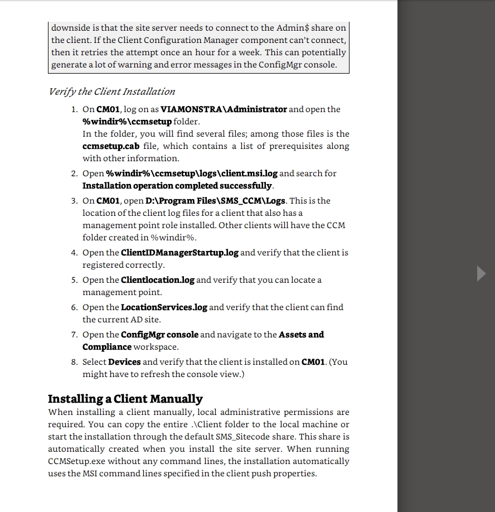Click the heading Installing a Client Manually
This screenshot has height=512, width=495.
click(x=125, y=399)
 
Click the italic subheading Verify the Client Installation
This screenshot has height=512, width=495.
click(x=111, y=91)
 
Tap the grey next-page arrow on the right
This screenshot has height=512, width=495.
click(x=482, y=274)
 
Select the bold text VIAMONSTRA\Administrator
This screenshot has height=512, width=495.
click(x=224, y=109)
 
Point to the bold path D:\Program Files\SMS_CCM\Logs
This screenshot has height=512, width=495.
click(x=215, y=201)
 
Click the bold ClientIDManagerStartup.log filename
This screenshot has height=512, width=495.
click(x=179, y=253)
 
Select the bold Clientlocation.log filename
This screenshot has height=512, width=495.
click(x=158, y=280)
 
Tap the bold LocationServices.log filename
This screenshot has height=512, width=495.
click(x=164, y=307)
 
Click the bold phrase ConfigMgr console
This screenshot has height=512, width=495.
click(x=159, y=335)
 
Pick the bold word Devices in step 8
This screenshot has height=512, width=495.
click(x=124, y=362)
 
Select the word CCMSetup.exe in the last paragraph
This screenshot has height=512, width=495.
click(x=76, y=461)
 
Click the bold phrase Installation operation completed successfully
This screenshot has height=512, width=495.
click(x=177, y=186)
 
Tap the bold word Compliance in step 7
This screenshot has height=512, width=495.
click(x=107, y=347)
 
